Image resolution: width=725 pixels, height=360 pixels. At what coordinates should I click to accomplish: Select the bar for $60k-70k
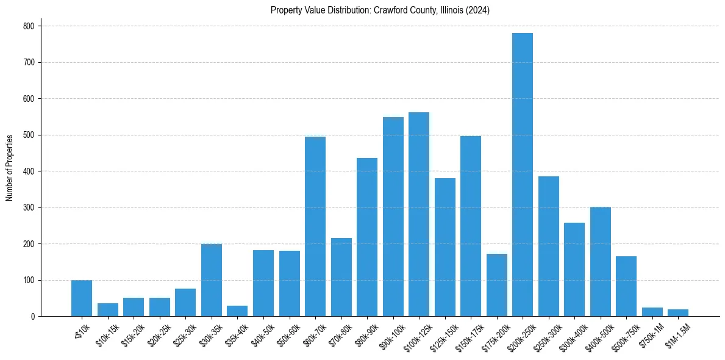tap(315, 226)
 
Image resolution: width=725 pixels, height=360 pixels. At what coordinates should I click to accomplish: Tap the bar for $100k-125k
tap(419, 214)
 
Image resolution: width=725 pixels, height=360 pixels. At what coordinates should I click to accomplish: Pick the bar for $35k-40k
tap(237, 311)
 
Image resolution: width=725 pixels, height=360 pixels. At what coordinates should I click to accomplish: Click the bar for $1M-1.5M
tap(678, 313)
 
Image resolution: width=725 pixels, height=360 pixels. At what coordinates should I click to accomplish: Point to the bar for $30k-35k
tap(212, 280)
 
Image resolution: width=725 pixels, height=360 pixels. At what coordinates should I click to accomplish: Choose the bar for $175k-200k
tap(497, 285)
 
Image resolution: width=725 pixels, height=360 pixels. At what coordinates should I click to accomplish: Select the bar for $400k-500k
tap(601, 262)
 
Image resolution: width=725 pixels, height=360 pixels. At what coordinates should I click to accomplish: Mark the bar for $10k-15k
tap(108, 310)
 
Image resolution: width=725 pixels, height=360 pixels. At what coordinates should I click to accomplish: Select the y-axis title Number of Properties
tap(10, 168)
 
